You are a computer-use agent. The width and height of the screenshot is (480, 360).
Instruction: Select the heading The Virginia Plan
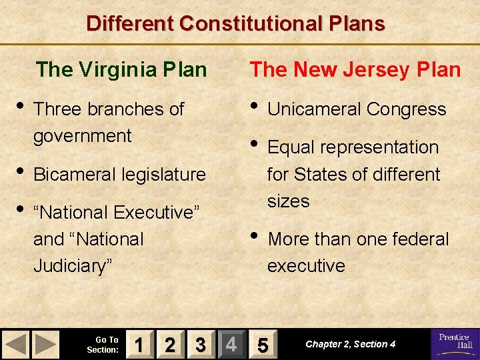click(121, 69)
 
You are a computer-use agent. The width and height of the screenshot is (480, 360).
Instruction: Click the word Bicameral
click(75, 175)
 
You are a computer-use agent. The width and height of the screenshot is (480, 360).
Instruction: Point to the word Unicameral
click(311, 109)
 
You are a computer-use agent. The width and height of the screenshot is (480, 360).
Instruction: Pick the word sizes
click(288, 201)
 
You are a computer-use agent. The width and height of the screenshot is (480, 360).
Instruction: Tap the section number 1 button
click(139, 345)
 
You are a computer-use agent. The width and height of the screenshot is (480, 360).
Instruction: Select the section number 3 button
click(201, 345)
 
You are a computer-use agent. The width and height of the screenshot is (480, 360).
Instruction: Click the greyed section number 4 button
click(231, 345)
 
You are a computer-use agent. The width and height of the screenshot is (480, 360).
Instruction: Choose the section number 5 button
click(263, 345)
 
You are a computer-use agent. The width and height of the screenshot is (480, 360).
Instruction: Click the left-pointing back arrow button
click(17, 345)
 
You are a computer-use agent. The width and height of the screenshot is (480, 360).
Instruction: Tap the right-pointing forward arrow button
click(45, 345)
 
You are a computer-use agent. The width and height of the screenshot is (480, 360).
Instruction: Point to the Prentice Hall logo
click(455, 344)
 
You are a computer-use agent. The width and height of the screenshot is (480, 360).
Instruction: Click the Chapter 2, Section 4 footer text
click(350, 345)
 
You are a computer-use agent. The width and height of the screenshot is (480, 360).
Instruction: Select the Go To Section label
click(103, 345)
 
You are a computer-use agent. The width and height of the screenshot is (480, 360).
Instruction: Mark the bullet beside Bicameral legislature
click(20, 172)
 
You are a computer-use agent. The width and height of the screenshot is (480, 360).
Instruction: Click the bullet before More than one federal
click(254, 237)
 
